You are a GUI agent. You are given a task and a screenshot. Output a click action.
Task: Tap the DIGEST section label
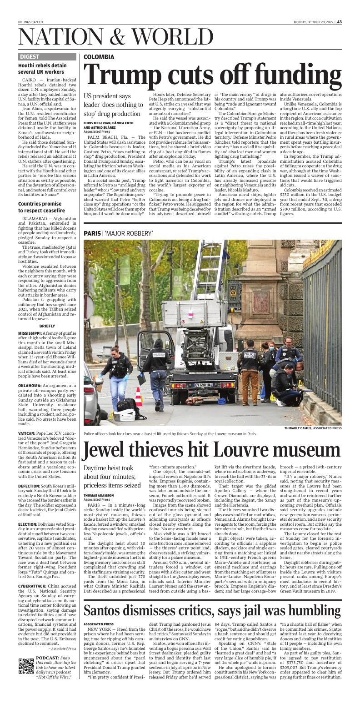pos(30,57)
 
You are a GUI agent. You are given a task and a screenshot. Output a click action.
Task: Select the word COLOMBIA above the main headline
pos(99,57)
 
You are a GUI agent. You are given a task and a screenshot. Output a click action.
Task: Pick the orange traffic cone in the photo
pos(139,396)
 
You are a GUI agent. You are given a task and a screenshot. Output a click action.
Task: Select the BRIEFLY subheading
pos(47,326)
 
